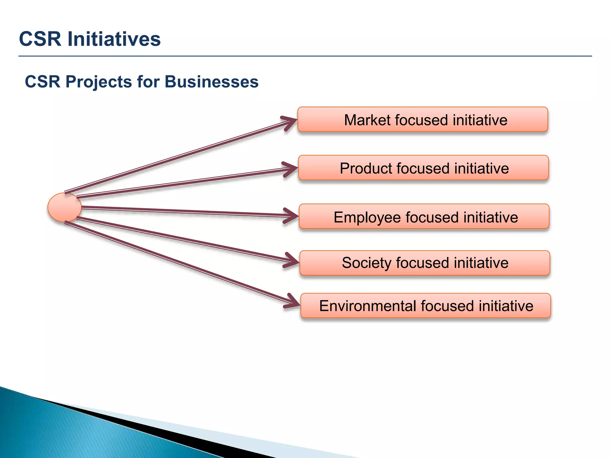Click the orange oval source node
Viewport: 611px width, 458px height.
[64, 207]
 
